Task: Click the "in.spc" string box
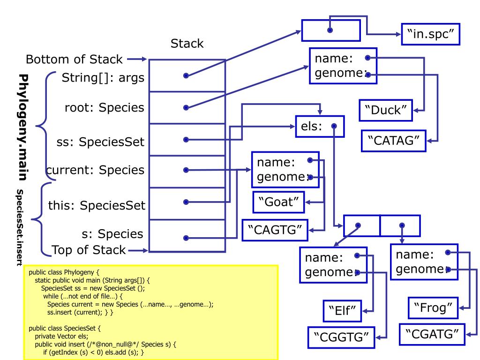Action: tap(430, 34)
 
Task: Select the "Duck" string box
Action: tap(386, 110)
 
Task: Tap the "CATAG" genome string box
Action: tap(394, 141)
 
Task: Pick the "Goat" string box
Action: tap(278, 202)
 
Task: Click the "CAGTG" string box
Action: tap(275, 230)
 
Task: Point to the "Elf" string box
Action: tap(342, 311)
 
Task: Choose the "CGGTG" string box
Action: tap(341, 337)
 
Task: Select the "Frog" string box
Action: tap(433, 307)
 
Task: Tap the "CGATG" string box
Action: tap(432, 334)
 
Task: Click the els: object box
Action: tap(320, 126)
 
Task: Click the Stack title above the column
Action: tap(187, 44)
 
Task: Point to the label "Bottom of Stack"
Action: tap(74, 59)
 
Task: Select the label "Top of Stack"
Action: tap(89, 250)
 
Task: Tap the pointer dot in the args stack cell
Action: tap(186, 75)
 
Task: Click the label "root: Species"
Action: tap(105, 108)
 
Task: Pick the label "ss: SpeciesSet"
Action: tap(100, 142)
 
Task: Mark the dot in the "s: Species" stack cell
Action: tap(186, 238)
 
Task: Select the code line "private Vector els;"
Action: tap(61, 336)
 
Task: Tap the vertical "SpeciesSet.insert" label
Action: tap(20, 227)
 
